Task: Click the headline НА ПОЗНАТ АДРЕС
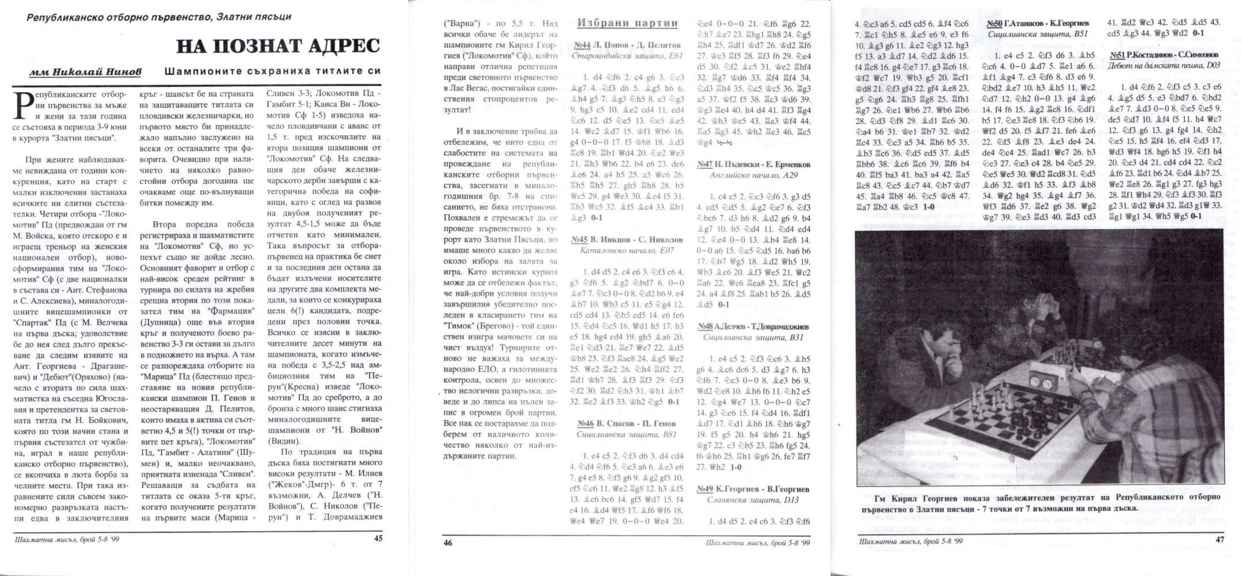click(x=278, y=46)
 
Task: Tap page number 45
click(x=378, y=538)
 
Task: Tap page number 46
click(x=448, y=542)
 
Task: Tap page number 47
click(x=1220, y=540)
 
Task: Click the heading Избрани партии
click(x=627, y=23)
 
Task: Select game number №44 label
click(x=582, y=45)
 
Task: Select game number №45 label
click(x=580, y=240)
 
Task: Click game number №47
click(x=705, y=164)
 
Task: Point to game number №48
click(x=705, y=327)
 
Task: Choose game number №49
click(x=705, y=489)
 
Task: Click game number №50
click(x=994, y=23)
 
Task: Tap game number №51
click(x=1118, y=55)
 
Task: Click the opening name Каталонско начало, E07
click(x=627, y=251)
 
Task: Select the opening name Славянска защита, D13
click(x=753, y=500)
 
